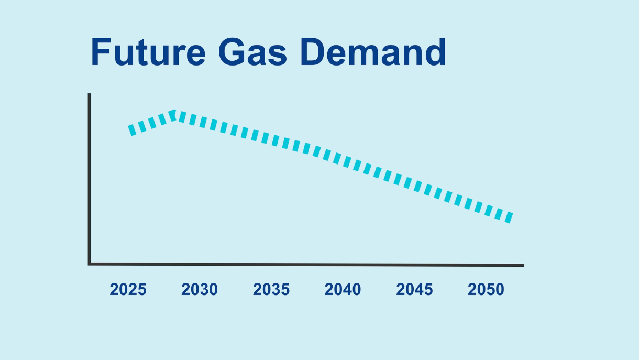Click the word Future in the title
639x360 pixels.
pos(148,52)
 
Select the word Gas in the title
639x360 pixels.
pos(252,52)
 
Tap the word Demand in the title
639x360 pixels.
pos(373,52)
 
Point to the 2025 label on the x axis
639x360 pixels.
pos(128,289)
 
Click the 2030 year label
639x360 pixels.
pos(200,289)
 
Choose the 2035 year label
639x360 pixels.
pos(271,289)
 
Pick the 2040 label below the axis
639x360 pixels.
pos(343,289)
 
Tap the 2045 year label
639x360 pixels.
pos(414,289)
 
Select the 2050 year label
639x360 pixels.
pos(486,289)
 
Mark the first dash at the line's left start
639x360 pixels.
pos(132,130)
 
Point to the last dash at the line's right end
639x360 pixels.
pos(509,217)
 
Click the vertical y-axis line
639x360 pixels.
pos(89,179)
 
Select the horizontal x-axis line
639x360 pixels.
pos(306,265)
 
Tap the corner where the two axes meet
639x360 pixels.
pos(89,264)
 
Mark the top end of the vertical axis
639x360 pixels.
pos(89,94)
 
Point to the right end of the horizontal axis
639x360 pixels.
pos(524,265)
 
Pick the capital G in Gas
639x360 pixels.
pos(232,52)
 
